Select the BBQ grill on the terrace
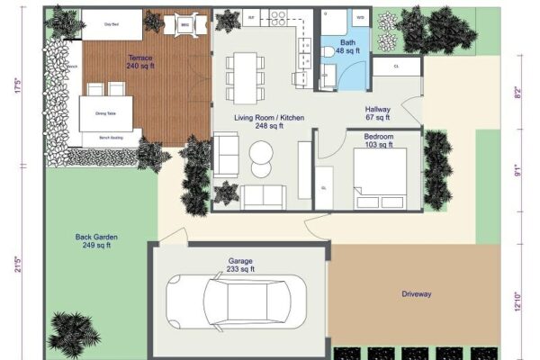tap(184, 25)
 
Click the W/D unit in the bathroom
tap(359, 17)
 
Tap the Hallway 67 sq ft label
tap(377, 113)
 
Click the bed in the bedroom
tap(384, 173)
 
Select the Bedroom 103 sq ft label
tap(378, 141)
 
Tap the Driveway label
tap(416, 294)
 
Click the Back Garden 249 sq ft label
tap(100, 241)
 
